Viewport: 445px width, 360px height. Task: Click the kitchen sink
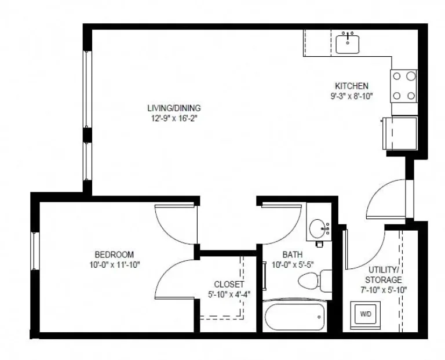tap(348, 42)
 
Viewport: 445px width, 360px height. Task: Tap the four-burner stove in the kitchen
tap(404, 85)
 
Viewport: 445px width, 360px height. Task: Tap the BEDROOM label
tap(114, 254)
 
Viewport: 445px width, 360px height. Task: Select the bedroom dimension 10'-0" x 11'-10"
tap(114, 264)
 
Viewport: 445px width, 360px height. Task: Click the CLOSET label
tap(228, 284)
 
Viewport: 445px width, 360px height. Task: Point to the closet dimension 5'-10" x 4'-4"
tap(228, 294)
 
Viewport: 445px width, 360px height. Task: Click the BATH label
tap(291, 254)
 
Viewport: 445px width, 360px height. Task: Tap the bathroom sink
tap(318, 228)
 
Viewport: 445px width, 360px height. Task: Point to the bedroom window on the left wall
tap(34, 250)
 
